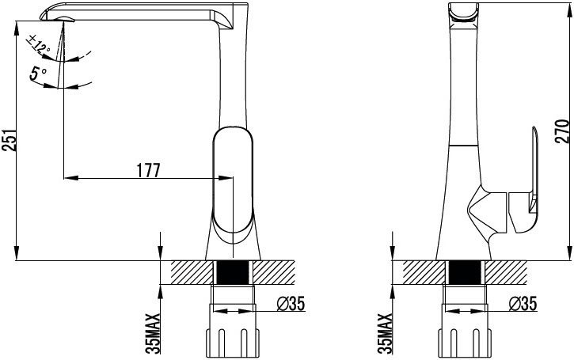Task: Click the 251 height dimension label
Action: click(x=9, y=139)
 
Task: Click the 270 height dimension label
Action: click(x=563, y=131)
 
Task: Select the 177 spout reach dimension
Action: click(x=148, y=170)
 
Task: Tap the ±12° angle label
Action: click(x=39, y=44)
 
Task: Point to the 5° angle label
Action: click(x=37, y=74)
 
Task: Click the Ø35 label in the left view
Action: click(x=291, y=303)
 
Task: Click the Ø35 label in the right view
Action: click(x=523, y=303)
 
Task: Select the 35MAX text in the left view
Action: click(x=154, y=333)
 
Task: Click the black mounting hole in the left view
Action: click(x=233, y=272)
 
